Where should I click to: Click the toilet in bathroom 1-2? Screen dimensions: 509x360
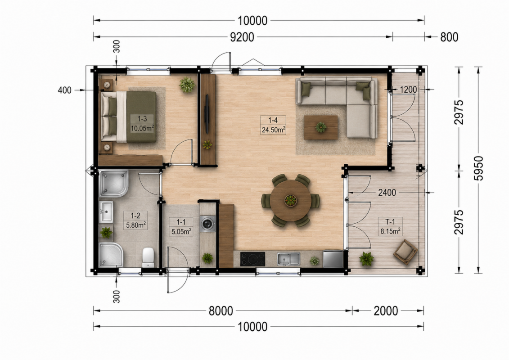(148, 257)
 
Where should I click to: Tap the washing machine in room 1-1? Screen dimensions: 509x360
(207, 224)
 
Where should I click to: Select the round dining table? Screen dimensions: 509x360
(291, 201)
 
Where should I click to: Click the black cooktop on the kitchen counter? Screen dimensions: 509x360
(252, 259)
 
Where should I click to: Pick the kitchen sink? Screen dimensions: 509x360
(288, 259)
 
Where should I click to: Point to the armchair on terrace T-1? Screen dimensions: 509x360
(405, 252)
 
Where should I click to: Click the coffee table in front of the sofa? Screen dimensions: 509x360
(321, 127)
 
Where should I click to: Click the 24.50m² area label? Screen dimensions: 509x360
(274, 130)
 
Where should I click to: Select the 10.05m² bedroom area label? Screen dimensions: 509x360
(142, 128)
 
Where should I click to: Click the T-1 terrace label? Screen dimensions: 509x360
(390, 222)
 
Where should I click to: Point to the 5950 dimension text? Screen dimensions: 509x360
(478, 168)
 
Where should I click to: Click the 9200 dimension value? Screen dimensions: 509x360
(242, 37)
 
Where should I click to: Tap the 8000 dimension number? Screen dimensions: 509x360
(221, 311)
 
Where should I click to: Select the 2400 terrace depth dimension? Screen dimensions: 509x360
(387, 193)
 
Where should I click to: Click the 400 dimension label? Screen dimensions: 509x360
(65, 90)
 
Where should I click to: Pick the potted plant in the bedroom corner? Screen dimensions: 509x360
(187, 85)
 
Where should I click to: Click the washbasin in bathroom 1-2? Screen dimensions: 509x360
(106, 211)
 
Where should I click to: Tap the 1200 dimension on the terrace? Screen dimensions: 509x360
(408, 89)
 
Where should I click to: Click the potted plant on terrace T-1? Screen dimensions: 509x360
(366, 259)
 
